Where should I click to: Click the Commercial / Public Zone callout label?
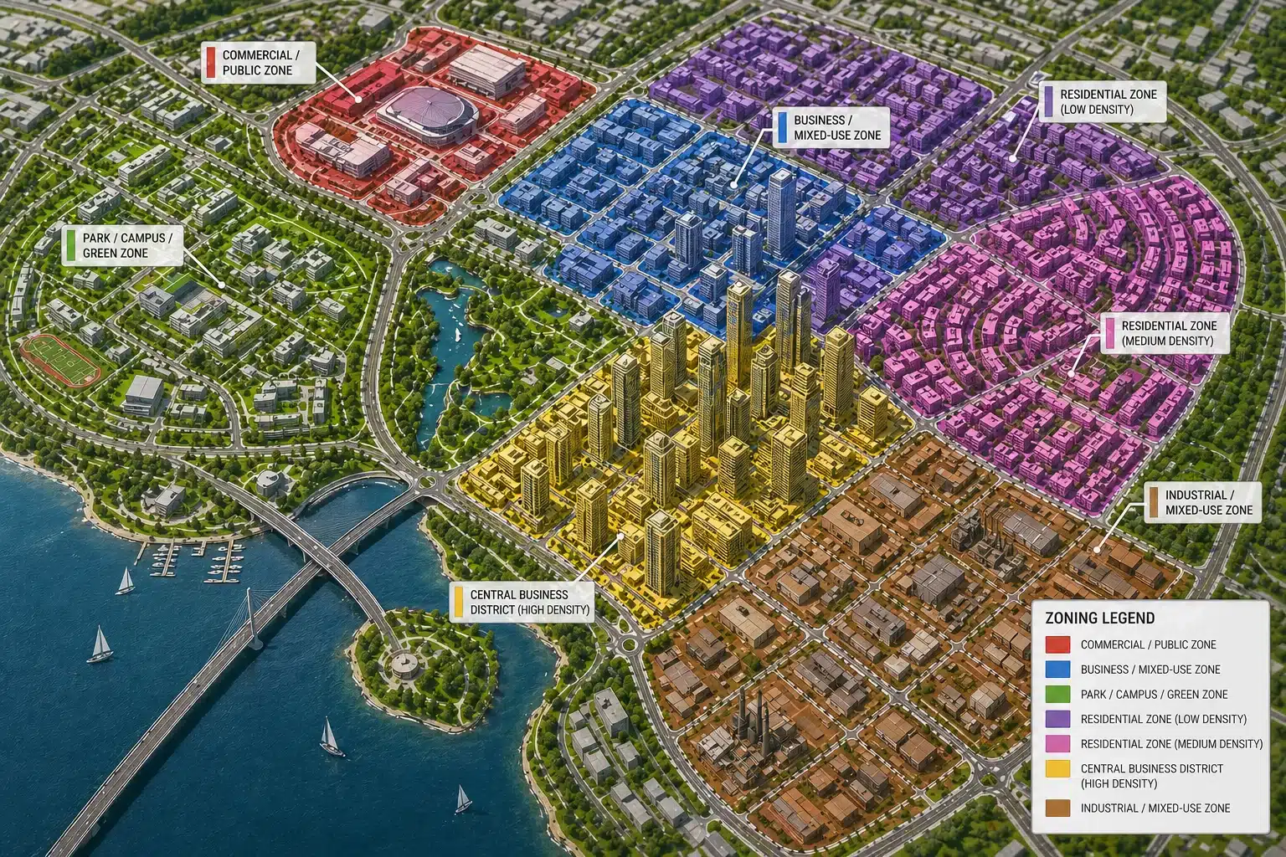tap(258, 63)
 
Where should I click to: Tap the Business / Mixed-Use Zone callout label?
tap(830, 127)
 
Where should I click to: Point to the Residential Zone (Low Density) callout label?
tap(1101, 101)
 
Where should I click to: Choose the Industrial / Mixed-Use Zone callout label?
tap(1201, 502)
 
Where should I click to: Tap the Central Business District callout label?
tap(522, 602)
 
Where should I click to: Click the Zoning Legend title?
tap(1100, 618)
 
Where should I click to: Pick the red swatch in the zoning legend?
tap(1058, 644)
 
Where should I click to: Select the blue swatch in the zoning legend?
tap(1058, 670)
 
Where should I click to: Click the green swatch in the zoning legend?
tap(1058, 694)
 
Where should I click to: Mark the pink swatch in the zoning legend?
tap(1058, 743)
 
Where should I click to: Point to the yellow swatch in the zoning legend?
tap(1058, 768)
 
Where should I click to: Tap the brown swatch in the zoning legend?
tap(1058, 808)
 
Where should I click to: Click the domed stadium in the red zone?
tap(427, 110)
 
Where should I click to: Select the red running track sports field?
tap(60, 360)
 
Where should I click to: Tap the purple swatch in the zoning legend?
tap(1058, 719)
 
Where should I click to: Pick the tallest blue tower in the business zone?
tap(780, 211)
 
